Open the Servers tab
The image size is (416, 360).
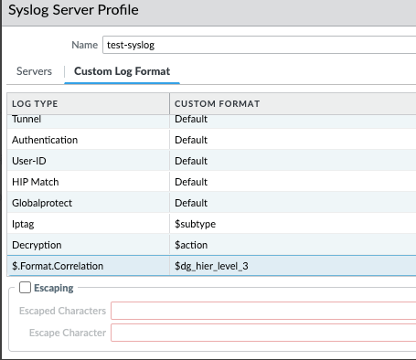[35, 70]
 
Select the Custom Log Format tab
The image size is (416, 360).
[122, 70]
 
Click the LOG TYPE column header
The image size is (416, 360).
[37, 104]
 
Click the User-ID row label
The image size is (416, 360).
[31, 161]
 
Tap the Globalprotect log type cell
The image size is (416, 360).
[41, 203]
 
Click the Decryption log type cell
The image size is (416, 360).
[37, 245]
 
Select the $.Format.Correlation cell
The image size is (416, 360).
[58, 266]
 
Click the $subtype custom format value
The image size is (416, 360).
[197, 224]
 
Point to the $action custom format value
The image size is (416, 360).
[192, 245]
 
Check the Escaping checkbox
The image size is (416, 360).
[25, 288]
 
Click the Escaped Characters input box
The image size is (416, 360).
[263, 311]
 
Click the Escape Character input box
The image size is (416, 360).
[263, 333]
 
